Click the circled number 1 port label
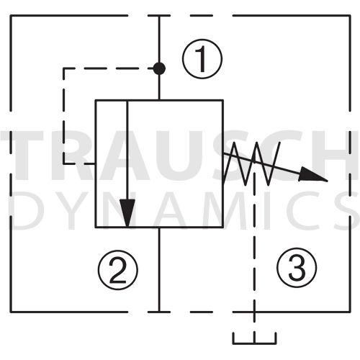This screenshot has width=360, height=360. [202, 59]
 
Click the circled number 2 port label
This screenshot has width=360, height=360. [118, 269]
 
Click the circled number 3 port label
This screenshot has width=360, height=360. [297, 267]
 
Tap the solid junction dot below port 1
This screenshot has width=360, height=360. [159, 68]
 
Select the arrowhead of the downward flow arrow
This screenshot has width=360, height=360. [127, 213]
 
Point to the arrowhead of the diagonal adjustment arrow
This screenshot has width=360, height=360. [313, 175]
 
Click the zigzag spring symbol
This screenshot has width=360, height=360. [251, 163]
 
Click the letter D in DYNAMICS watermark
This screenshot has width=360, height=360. [24, 210]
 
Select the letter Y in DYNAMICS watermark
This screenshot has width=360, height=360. [70, 210]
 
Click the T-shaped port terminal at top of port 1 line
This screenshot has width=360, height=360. [159, 16]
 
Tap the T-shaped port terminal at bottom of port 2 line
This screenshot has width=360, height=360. [159, 312]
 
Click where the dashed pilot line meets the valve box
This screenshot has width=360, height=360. [95, 163]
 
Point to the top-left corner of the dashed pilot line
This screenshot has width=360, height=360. [64, 68]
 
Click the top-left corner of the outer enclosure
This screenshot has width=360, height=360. [11, 16]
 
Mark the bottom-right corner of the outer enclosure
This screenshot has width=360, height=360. [350, 312]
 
